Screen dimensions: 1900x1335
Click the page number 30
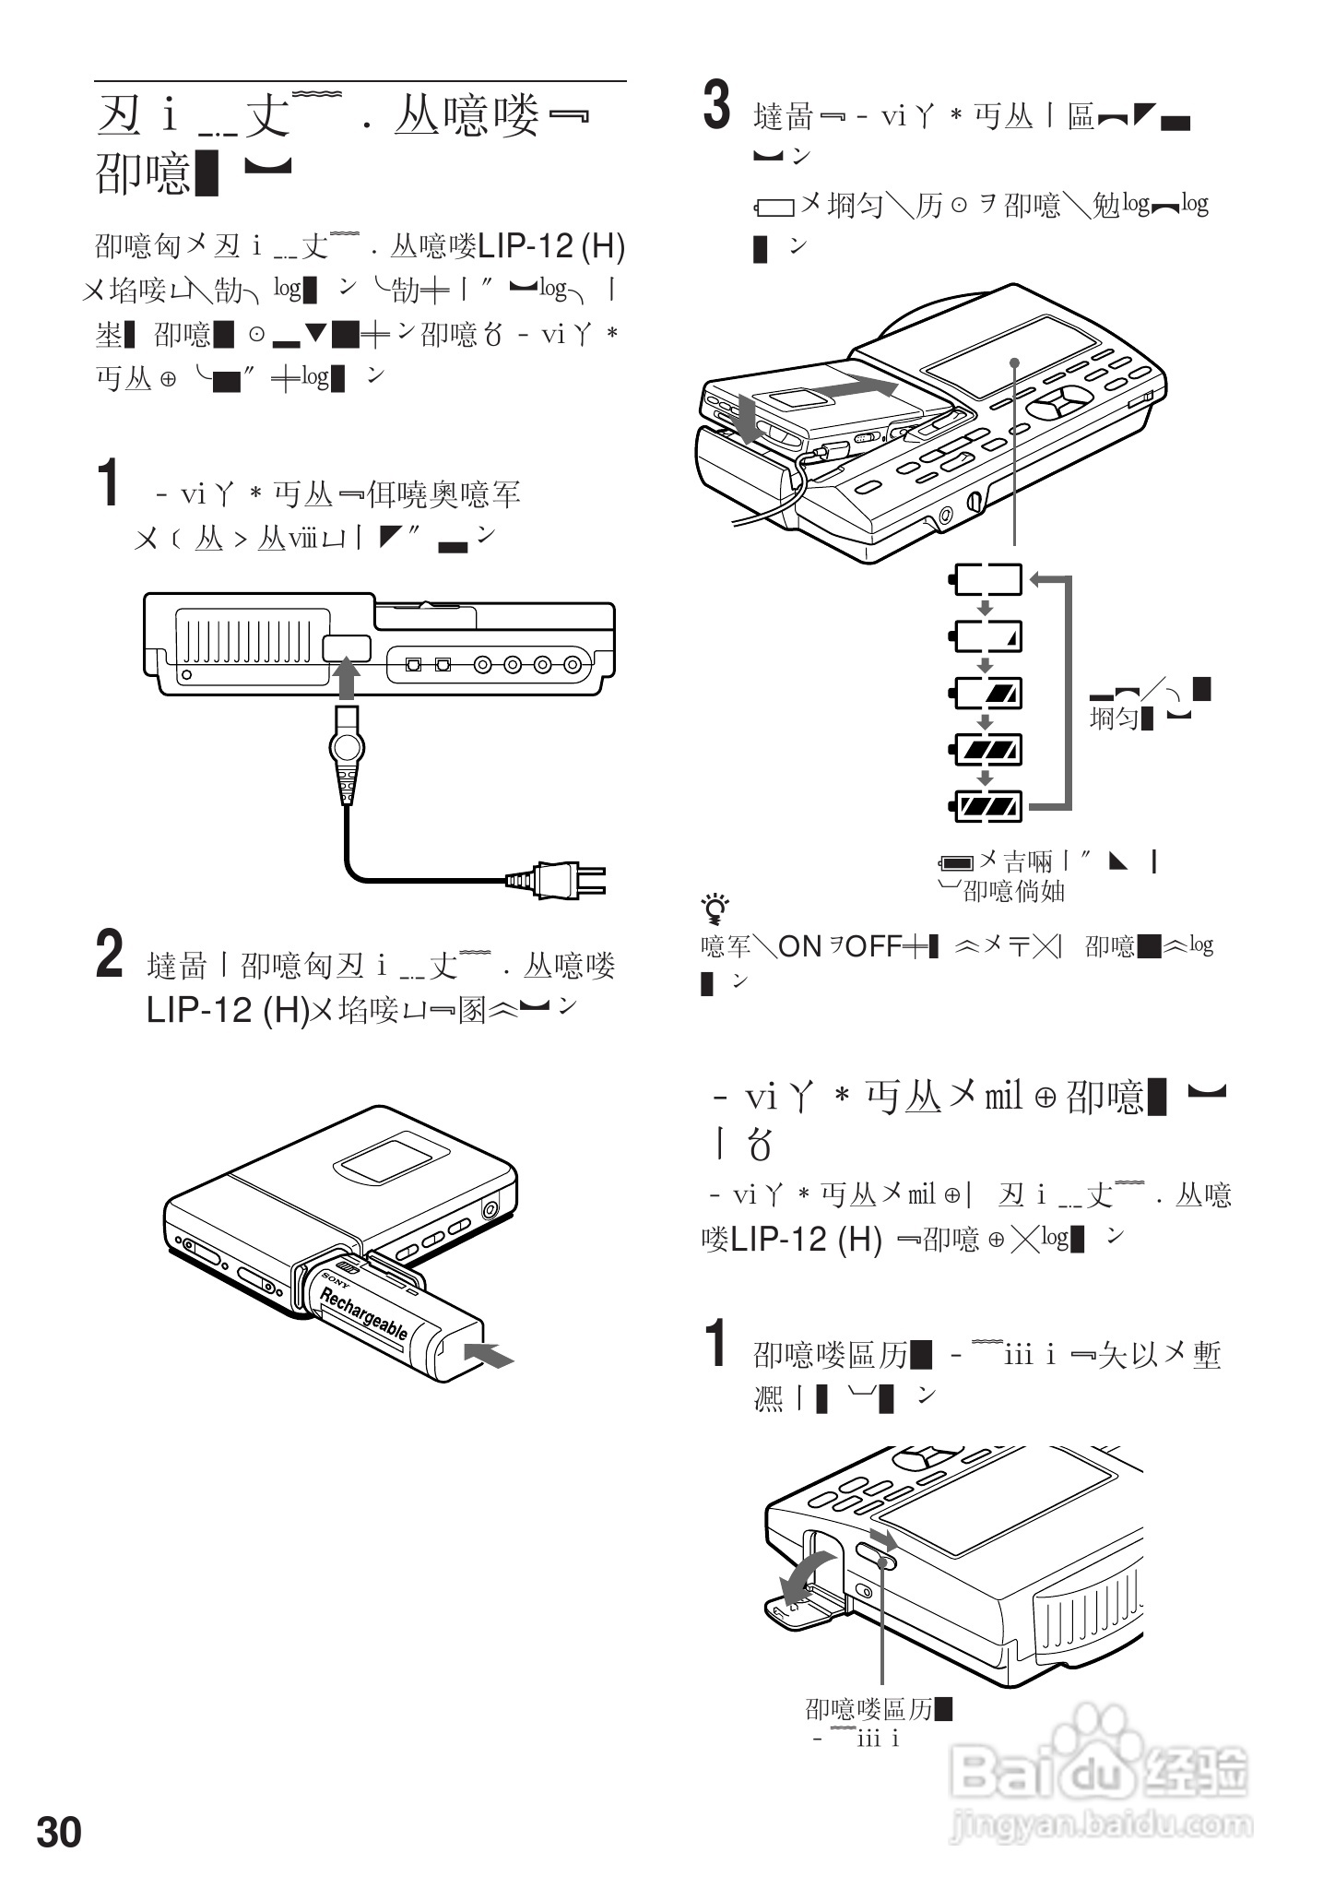tap(59, 1832)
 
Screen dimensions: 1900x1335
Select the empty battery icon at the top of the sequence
tap(986, 579)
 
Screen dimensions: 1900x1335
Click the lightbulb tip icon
tap(715, 909)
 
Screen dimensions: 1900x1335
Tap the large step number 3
tap(717, 107)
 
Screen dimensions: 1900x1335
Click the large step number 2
tap(110, 956)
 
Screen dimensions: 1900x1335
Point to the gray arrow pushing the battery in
tap(488, 1355)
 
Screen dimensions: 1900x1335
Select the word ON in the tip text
tap(799, 946)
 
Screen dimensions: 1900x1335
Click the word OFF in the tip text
tap(872, 946)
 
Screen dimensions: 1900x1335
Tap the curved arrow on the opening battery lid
tap(806, 1575)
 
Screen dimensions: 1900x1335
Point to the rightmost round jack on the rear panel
tap(573, 664)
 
